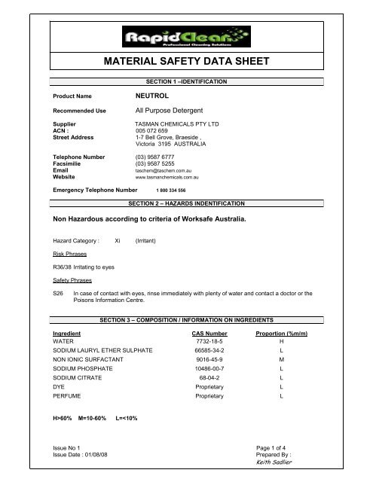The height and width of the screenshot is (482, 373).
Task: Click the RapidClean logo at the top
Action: click(x=186, y=37)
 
